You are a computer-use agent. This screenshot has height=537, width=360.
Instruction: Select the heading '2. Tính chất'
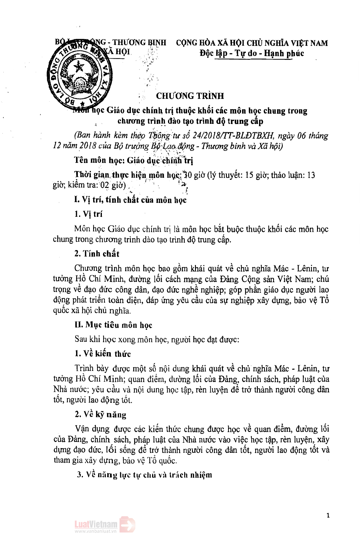[96, 254]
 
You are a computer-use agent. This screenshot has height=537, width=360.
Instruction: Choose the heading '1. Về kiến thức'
[102, 354]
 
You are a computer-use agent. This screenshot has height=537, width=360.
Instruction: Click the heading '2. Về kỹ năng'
[100, 415]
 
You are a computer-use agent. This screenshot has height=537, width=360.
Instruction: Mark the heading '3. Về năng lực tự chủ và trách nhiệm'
[144, 475]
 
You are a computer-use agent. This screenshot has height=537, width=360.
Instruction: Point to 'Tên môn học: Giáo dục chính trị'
[134, 160]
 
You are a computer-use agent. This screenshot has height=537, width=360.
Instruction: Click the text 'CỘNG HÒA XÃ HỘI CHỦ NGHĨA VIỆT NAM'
[252, 43]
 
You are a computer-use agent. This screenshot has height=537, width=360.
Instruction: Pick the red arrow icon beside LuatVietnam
[128, 525]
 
